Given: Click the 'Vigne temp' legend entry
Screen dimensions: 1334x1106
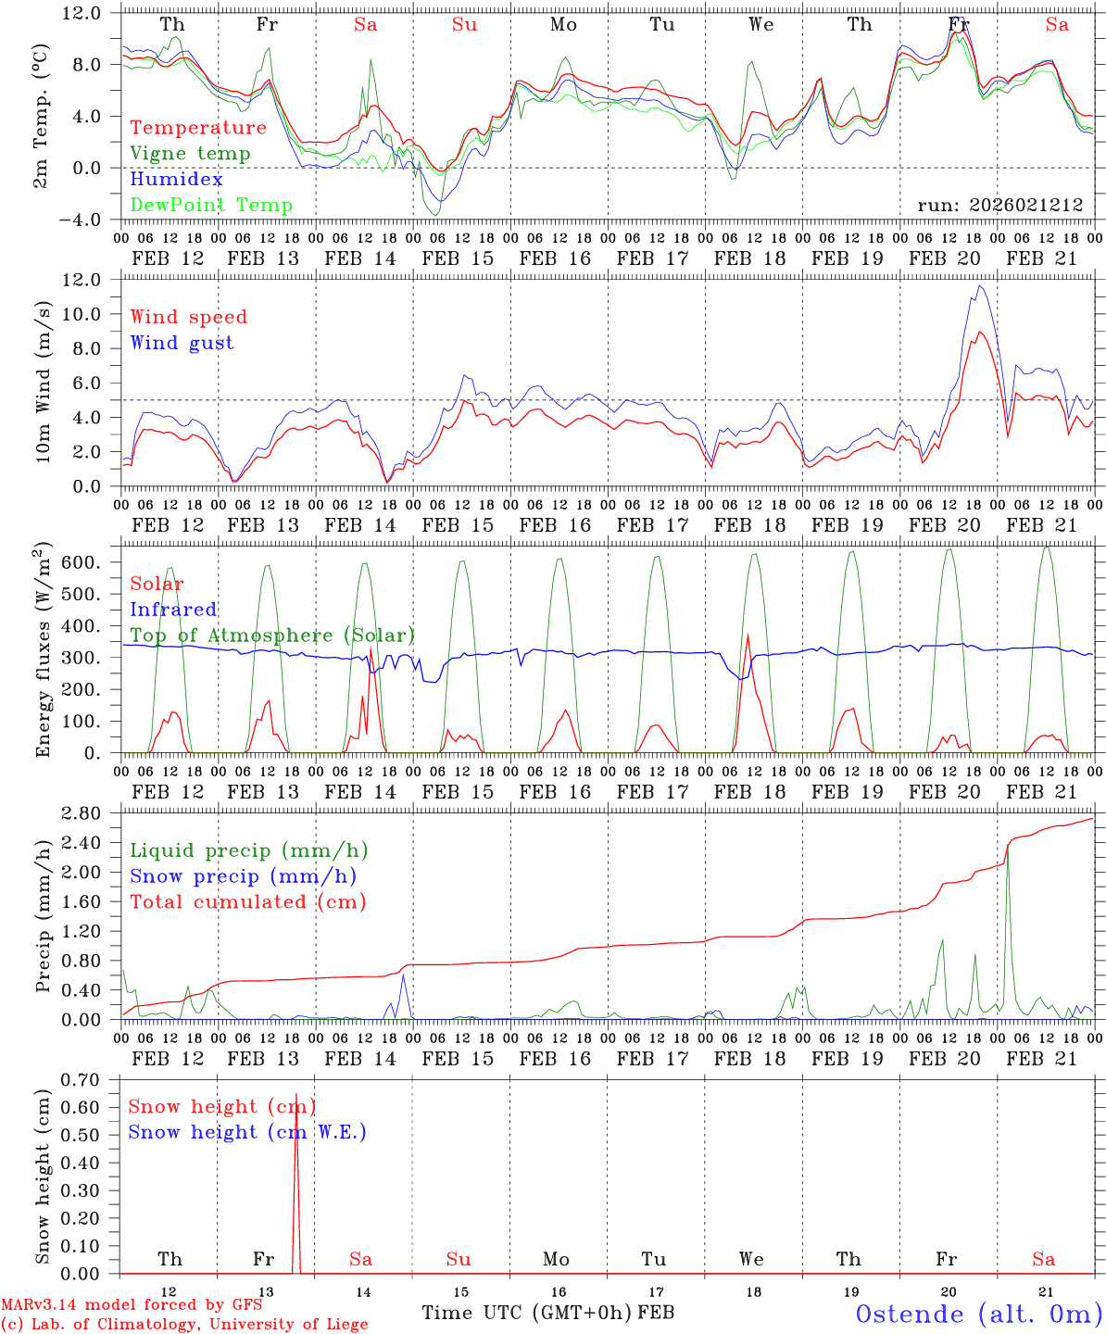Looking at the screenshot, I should [190, 154].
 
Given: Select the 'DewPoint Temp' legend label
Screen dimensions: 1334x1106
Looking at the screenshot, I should [211, 206].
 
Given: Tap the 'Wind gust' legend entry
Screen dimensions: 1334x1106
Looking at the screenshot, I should [182, 343].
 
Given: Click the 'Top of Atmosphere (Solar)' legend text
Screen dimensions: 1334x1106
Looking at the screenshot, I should [272, 636].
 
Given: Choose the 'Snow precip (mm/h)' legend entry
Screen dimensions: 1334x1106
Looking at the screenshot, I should [243, 876].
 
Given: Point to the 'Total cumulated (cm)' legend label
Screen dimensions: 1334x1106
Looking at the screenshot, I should [247, 902].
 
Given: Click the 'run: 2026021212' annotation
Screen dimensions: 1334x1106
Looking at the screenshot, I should [999, 206].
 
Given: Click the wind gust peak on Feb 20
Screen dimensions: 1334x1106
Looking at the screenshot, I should [980, 286].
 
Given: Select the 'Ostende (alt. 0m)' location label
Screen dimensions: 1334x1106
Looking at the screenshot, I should [979, 1314].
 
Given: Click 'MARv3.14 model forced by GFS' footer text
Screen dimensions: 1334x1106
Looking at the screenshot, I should [132, 1305].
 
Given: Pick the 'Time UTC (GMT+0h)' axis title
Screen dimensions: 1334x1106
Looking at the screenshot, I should [526, 1313].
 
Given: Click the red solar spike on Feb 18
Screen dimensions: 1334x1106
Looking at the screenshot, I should [748, 636].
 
